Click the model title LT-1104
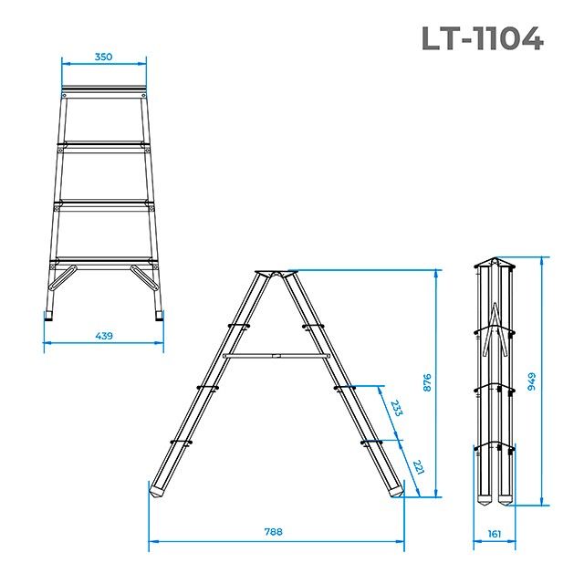(x=482, y=38)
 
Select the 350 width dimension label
(x=103, y=57)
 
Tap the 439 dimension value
(x=103, y=337)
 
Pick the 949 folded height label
(x=532, y=382)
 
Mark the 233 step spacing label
(x=396, y=407)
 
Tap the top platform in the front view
(x=104, y=91)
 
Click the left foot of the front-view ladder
(x=49, y=317)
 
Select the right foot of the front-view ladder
(x=161, y=317)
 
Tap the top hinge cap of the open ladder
(x=275, y=274)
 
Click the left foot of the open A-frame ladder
(x=158, y=491)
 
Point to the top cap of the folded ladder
(x=494, y=264)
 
